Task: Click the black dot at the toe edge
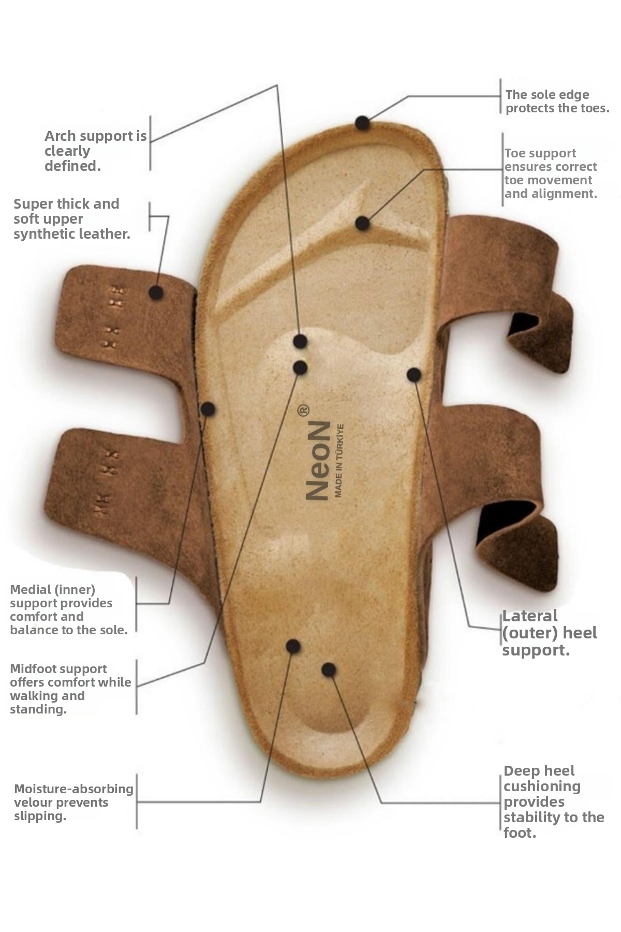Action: tap(362, 123)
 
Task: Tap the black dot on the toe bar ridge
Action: tap(362, 223)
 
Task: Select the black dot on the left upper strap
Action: tap(156, 293)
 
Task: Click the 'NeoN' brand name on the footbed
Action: tap(317, 460)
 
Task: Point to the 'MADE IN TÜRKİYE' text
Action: tap(339, 461)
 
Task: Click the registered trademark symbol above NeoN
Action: tap(304, 410)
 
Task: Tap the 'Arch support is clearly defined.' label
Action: tap(96, 151)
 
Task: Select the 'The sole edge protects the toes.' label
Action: tap(557, 101)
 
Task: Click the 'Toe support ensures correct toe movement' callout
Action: tap(551, 173)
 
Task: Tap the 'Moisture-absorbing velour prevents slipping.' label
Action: tap(73, 802)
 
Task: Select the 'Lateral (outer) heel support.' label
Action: tap(549, 633)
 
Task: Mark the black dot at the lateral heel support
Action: tap(413, 374)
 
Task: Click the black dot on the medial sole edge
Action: tap(208, 409)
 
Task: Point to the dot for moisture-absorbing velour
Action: tap(293, 646)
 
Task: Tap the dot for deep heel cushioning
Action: tap(328, 669)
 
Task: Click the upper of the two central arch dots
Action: tap(300, 341)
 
